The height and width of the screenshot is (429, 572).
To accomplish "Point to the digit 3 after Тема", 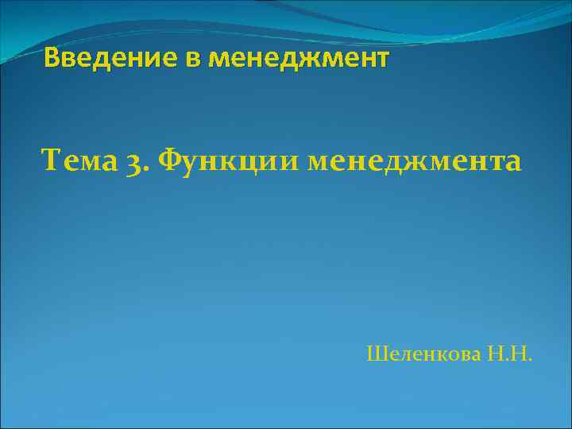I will (133, 162).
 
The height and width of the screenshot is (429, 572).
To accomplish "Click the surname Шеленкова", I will (424, 353).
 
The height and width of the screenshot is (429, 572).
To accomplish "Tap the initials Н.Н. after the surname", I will (510, 353).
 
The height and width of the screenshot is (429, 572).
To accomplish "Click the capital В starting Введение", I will (52, 58).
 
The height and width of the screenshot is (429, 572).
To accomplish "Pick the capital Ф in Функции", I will (172, 162).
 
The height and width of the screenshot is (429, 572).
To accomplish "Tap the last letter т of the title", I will (383, 59).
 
